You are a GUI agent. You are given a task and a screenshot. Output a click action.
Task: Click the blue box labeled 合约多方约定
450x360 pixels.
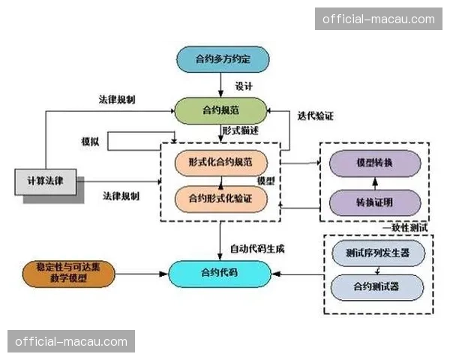(x=222, y=59)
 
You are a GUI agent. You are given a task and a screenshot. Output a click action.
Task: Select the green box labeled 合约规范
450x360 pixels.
(x=221, y=111)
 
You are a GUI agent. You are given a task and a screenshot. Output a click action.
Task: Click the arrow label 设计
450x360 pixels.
(x=244, y=85)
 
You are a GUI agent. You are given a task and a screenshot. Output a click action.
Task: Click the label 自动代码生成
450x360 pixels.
(x=257, y=247)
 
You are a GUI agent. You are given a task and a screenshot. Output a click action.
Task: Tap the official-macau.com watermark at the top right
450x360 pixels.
(x=378, y=18)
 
